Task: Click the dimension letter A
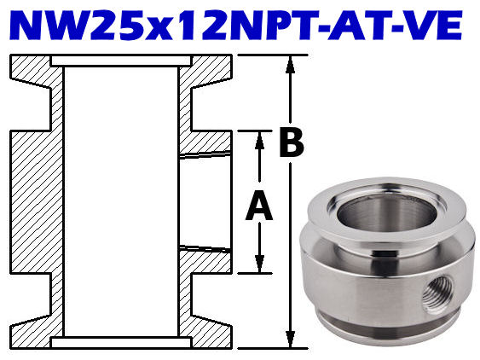(258, 206)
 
